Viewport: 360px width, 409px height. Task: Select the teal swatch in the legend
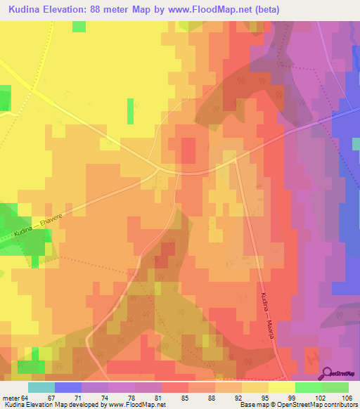click(41, 387)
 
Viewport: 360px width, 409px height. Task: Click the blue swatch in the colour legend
click(68, 387)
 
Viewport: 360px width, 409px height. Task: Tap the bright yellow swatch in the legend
click(282, 387)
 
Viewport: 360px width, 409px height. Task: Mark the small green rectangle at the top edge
click(79, 26)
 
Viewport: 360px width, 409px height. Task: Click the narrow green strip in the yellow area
click(130, 111)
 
